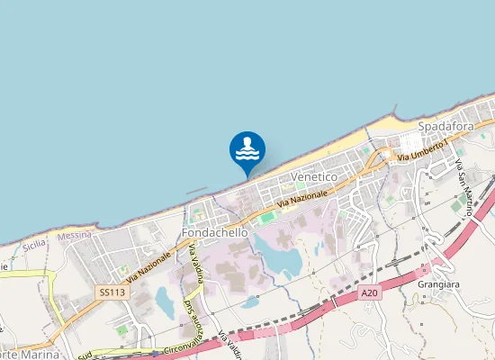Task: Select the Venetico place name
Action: [314, 178]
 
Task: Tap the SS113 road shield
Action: [111, 293]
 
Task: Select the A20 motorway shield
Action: [369, 292]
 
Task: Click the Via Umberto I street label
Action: [422, 149]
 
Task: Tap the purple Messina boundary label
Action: [75, 236]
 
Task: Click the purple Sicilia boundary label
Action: [34, 244]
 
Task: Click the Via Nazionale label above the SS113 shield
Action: [148, 266]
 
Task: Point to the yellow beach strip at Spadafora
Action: [378, 125]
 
